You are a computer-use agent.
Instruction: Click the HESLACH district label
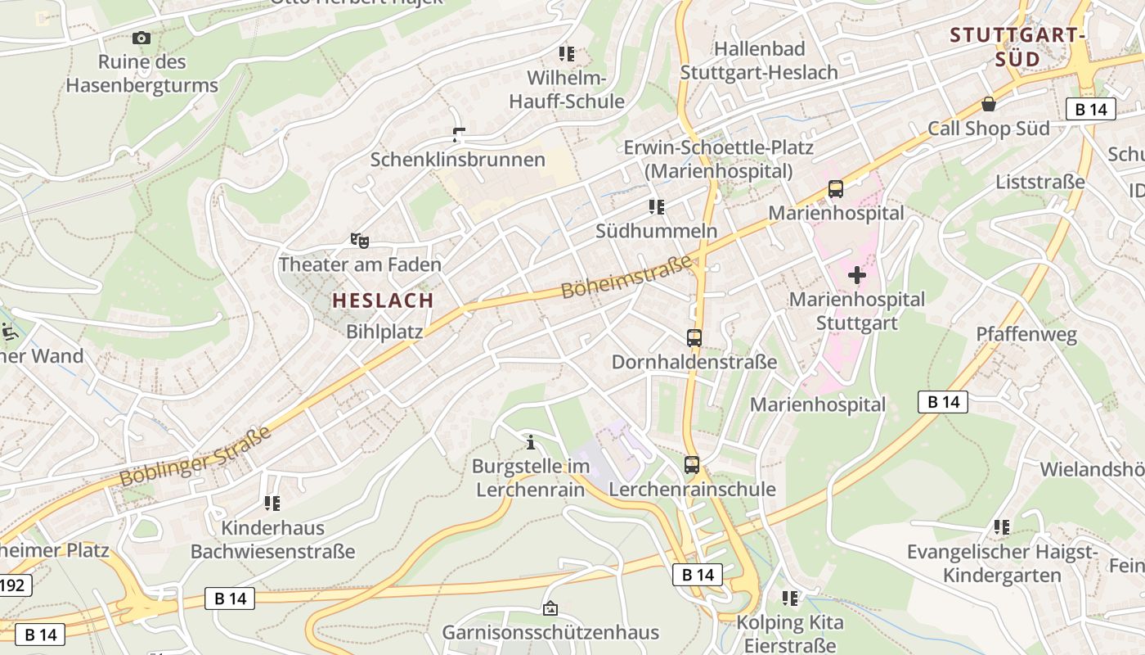[x=383, y=300]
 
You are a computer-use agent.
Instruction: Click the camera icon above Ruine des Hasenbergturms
[x=141, y=38]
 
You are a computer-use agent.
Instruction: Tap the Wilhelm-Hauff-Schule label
[x=567, y=90]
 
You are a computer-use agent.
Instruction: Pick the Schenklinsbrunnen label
[x=457, y=159]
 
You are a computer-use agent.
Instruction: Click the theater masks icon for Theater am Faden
[x=360, y=240]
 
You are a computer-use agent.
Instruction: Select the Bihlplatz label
[x=384, y=332]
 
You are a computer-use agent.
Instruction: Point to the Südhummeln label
[x=656, y=231]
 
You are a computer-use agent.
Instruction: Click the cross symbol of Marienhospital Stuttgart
[x=856, y=275]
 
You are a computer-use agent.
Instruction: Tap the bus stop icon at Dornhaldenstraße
[x=694, y=337]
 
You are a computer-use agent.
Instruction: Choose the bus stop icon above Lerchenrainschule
[x=692, y=465]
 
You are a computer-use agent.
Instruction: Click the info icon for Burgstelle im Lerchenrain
[x=531, y=442]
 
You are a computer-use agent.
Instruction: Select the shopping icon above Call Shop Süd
[x=989, y=104]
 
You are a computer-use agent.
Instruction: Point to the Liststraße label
[x=1040, y=182]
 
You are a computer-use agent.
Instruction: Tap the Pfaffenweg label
[x=1026, y=334]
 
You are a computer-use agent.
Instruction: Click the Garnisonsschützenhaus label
[x=550, y=633]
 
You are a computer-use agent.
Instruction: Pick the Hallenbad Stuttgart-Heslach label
[x=759, y=61]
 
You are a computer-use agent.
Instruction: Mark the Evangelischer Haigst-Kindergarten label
[x=1002, y=563]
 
